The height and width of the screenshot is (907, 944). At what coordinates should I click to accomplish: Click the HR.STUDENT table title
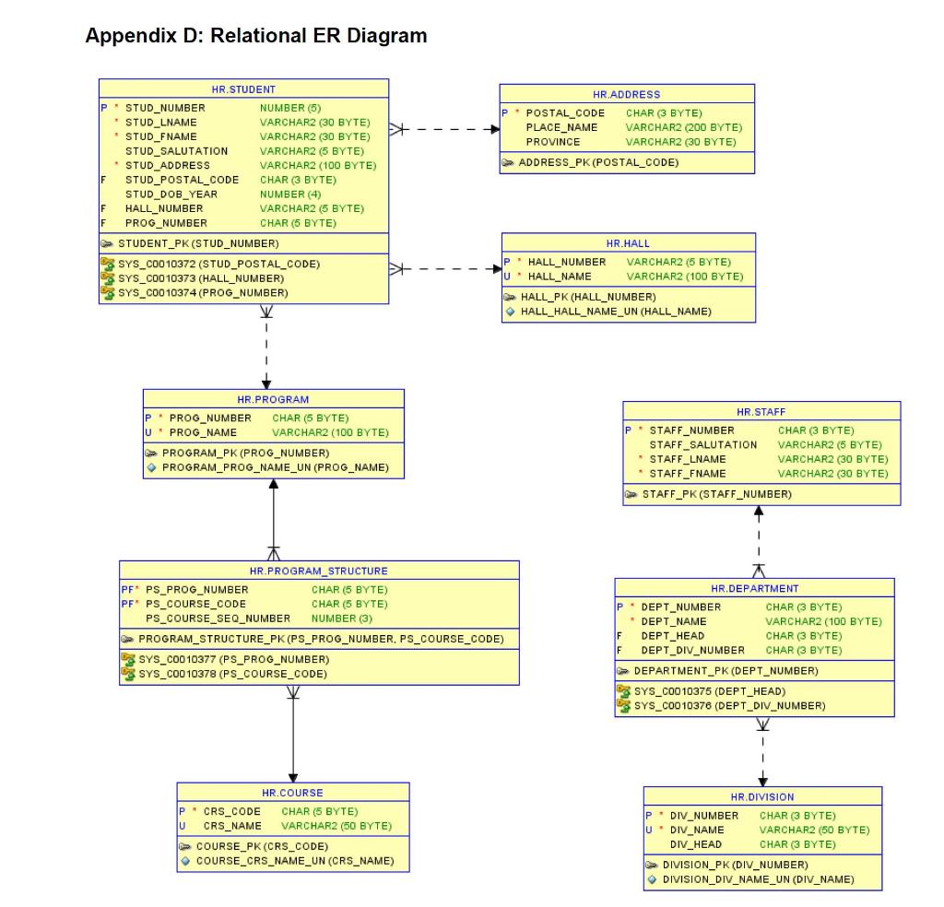click(243, 89)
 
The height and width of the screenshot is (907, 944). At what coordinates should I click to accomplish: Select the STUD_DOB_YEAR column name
click(171, 194)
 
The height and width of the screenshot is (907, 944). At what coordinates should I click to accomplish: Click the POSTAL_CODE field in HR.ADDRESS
click(565, 113)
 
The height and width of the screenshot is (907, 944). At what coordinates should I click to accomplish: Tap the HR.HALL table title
click(628, 243)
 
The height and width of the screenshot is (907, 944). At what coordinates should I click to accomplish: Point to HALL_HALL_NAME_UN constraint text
click(615, 312)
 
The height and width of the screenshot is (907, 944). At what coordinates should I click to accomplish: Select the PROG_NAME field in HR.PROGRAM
click(203, 432)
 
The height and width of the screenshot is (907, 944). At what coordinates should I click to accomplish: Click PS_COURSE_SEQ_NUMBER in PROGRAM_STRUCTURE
click(218, 618)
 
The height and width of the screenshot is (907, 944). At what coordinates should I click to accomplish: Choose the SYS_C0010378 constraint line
click(233, 674)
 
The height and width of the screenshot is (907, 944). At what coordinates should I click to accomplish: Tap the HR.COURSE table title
click(292, 793)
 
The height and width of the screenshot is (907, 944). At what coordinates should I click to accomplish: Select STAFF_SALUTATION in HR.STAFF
click(703, 444)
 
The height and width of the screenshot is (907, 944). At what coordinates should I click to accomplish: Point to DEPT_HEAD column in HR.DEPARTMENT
click(672, 636)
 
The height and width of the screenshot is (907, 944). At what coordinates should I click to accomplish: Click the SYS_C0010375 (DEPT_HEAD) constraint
click(709, 691)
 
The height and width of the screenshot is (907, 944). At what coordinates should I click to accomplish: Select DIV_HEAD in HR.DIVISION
click(695, 844)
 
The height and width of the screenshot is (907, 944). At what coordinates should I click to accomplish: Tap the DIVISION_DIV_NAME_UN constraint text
click(758, 879)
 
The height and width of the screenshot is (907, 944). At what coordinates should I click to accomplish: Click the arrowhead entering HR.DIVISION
click(762, 781)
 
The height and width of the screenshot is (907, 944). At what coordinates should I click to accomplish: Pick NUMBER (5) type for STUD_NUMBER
click(289, 108)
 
